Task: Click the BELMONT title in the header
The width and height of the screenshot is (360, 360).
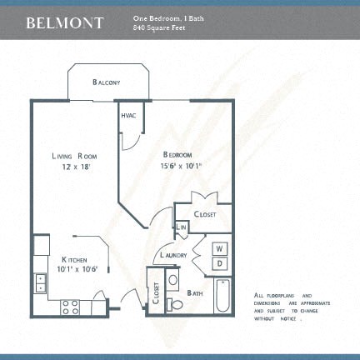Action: point(64,22)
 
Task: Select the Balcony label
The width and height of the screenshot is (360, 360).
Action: point(107,82)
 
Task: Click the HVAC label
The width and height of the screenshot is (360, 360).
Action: point(128,116)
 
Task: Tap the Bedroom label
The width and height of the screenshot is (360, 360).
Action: point(177,156)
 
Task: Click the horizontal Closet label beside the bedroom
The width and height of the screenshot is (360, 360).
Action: point(205,214)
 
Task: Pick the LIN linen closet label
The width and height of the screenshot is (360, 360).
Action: point(181,227)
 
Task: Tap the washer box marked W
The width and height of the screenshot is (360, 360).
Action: point(220,248)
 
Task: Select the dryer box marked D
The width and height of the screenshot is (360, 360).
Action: point(220,263)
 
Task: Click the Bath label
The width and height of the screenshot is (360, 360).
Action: point(196,293)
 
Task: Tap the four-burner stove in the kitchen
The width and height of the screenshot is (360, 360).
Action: point(71,307)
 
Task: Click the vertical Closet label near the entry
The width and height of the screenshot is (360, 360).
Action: point(157,294)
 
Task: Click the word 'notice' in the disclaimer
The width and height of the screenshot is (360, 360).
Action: point(288,319)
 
